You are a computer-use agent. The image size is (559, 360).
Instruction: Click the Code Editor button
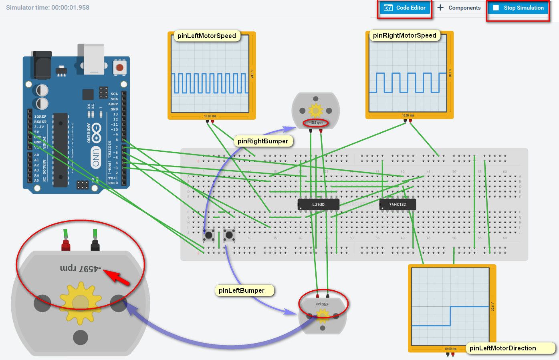tap(405, 8)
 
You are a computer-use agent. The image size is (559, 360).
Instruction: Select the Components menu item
tap(459, 8)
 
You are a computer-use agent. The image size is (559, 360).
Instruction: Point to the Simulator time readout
tap(48, 8)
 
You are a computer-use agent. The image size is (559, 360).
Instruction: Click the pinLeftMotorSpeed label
tap(207, 36)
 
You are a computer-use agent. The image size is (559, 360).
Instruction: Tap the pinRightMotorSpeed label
tap(404, 36)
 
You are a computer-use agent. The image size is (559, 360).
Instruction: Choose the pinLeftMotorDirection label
tap(502, 348)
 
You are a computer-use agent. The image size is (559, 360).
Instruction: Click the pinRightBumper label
tap(263, 141)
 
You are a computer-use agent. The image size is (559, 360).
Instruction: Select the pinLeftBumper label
tap(242, 290)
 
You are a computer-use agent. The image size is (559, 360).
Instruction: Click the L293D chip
tap(319, 205)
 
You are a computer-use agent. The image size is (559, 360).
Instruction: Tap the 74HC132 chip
tap(398, 205)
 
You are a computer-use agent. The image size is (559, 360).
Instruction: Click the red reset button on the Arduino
tap(119, 67)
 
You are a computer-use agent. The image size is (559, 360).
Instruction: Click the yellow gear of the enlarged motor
tap(80, 303)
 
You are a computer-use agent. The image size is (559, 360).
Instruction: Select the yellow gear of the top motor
tap(316, 110)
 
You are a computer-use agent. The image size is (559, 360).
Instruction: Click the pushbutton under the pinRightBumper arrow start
tap(208, 235)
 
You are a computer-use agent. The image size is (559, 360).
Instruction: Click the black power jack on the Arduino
tap(42, 65)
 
